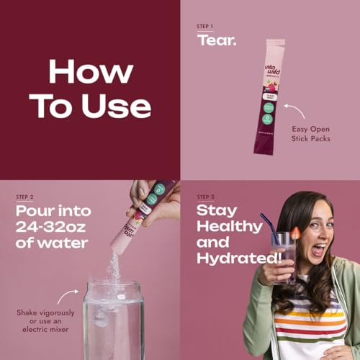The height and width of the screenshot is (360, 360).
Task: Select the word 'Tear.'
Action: [217, 40]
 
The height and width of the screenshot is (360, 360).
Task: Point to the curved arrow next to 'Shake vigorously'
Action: [68, 297]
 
